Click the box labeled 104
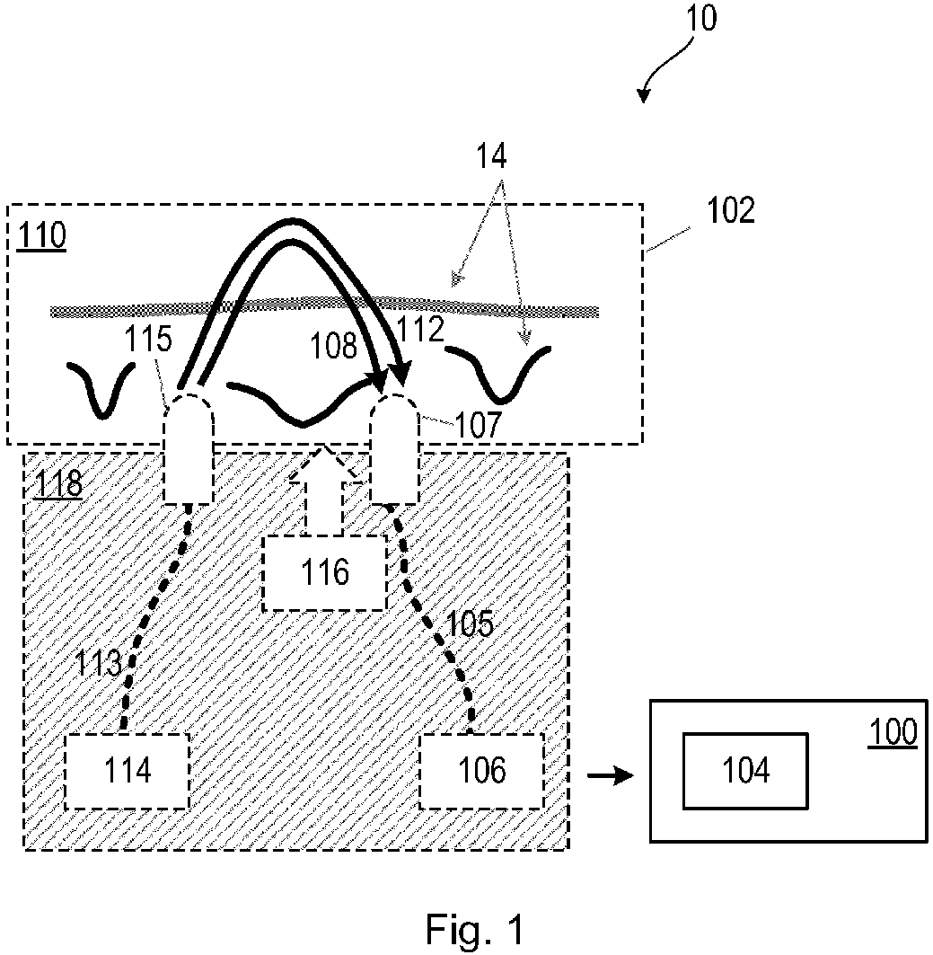[x=745, y=771]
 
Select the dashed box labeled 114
[x=128, y=771]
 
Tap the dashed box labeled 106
[x=482, y=771]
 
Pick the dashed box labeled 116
[x=325, y=572]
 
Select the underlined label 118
[x=57, y=486]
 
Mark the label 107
[x=475, y=425]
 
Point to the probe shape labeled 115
[x=189, y=449]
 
